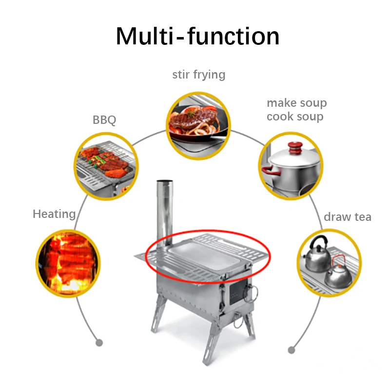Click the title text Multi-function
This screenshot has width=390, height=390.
coord(197,36)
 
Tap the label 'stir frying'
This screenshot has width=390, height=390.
coord(198,75)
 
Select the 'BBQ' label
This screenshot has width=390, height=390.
coord(104,119)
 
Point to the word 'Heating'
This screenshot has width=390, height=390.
coord(54,214)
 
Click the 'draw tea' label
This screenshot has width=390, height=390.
coord(347,217)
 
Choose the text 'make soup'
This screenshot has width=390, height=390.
coord(296,103)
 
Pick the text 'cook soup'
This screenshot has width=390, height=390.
coord(294,117)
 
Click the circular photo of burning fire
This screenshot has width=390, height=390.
coord(68,263)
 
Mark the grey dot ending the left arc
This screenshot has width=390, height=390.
coord(99,343)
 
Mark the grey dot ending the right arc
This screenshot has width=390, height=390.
coord(292,350)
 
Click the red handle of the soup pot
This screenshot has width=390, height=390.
coord(268,170)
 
